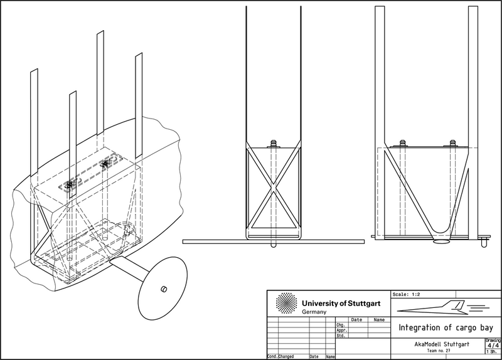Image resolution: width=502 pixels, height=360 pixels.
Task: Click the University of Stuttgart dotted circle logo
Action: click(286, 304)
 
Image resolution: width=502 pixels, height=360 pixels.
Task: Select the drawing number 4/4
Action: click(493, 345)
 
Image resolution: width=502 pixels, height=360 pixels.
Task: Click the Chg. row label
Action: click(341, 326)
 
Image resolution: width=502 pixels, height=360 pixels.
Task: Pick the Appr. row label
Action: click(342, 331)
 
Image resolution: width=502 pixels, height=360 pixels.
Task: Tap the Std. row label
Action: click(341, 336)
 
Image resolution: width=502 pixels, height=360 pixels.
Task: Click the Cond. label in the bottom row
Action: click(272, 356)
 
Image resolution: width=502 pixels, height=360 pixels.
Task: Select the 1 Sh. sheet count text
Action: click(493, 352)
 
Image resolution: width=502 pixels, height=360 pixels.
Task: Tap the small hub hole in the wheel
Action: click(163, 289)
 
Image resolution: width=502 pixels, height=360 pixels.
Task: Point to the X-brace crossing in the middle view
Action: click(272, 186)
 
